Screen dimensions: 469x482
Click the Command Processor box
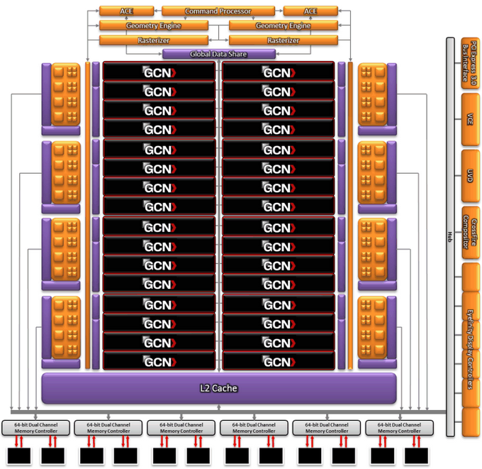tap(221, 11)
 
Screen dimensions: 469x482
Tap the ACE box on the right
tap(310, 11)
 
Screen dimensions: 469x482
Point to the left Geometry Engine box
tap(154, 26)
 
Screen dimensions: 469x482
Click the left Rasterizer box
tap(154, 40)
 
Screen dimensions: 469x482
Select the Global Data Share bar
tap(218, 54)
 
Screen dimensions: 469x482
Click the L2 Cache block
tap(218, 388)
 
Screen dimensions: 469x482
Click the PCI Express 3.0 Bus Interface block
tap(469, 61)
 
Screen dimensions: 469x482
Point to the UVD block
tap(469, 174)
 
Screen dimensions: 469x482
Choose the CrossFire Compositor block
tap(469, 231)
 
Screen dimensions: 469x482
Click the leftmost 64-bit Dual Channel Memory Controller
tap(35, 428)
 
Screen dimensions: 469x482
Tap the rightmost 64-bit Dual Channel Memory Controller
tap(400, 428)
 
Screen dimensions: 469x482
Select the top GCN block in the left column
tap(159, 72)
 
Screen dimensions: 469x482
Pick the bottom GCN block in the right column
tap(278, 361)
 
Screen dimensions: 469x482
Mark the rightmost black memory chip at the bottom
tap(416, 456)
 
